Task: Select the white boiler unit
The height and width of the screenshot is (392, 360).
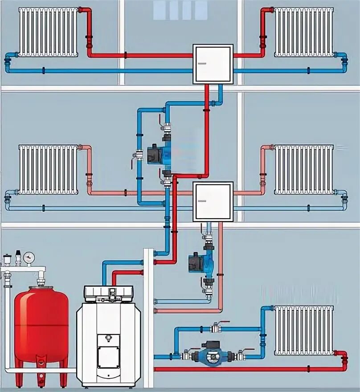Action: tap(109, 336)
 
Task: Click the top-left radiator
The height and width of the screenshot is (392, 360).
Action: tap(48, 32)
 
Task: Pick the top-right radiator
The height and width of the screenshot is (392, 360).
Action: tap(304, 32)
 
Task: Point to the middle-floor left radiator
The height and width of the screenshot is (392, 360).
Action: tap(48, 169)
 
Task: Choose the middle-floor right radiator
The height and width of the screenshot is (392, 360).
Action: tap(304, 169)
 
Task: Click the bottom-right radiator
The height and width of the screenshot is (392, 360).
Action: tap(304, 331)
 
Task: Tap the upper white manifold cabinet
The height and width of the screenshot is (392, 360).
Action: tap(213, 64)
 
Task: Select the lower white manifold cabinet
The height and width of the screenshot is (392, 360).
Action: tap(213, 201)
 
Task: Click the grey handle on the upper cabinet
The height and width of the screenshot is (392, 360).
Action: tap(202, 63)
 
